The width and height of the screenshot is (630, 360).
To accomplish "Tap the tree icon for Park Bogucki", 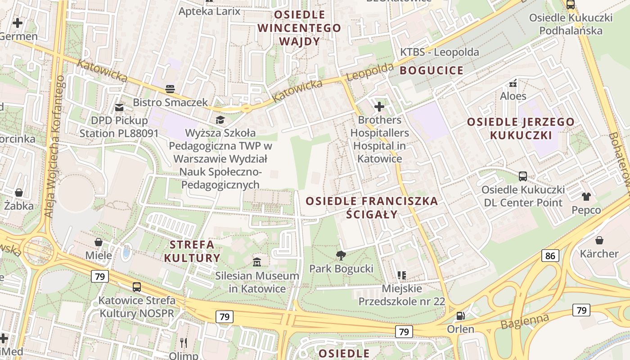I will point(341,256).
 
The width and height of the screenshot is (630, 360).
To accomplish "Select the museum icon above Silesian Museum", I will point(257,262).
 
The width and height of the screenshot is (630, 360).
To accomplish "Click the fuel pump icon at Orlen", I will point(460,316).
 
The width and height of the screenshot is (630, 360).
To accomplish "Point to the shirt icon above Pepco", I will point(586,196).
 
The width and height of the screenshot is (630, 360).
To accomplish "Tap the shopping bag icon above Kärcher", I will point(599,240).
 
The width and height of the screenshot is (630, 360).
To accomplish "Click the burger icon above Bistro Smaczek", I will point(170,89).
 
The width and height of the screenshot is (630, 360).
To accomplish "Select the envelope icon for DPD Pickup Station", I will point(119,107).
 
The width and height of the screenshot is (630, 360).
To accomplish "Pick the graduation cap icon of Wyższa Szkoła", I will point(220,120).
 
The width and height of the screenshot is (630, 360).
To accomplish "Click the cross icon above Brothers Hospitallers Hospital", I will point(379,107).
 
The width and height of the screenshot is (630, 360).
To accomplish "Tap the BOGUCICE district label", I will point(431,70).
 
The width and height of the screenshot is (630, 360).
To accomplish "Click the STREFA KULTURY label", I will point(192,252).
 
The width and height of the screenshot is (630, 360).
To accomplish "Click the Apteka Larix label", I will point(210,11).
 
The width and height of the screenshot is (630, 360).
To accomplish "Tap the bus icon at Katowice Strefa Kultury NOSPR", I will point(136,287).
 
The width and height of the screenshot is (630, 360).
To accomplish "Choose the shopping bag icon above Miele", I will point(99,243).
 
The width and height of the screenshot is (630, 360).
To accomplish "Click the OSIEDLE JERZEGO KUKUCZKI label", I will point(521,128).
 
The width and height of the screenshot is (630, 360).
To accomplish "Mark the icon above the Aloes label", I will point(513,83).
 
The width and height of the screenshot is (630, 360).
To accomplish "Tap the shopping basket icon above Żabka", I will point(19,193).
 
